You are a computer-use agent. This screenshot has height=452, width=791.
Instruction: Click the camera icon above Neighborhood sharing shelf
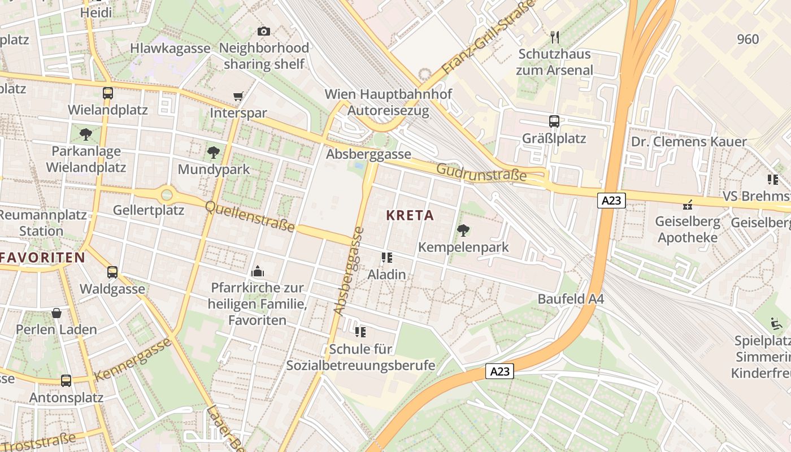pos(263,32)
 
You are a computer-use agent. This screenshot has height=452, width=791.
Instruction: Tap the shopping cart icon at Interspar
pos(238,97)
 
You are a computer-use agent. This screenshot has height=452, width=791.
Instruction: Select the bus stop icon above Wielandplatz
pos(107,93)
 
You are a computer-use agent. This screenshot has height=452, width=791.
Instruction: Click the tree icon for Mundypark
pos(213,152)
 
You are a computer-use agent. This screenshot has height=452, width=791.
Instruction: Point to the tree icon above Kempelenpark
pos(463,231)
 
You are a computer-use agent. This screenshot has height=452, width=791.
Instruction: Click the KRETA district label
pos(410,215)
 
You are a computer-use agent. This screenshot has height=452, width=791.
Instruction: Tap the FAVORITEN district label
pos(43,258)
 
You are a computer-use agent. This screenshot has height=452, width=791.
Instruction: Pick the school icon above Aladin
pos(386,258)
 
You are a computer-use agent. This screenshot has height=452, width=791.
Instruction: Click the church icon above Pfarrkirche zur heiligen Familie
pos(258,272)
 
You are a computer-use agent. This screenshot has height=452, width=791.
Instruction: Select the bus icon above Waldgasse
pos(112,272)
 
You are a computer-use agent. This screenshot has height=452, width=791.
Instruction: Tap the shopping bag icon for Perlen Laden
pos(56,313)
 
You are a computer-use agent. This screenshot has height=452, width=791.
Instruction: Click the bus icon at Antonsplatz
pos(66,381)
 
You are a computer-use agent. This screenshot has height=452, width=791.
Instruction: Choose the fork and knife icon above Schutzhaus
pos(554,38)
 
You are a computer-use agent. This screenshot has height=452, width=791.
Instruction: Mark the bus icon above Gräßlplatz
pos(554,121)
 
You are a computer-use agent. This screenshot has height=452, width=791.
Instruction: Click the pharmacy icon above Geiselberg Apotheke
pos(688,205)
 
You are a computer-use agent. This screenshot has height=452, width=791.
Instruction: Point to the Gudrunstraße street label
pos(481,172)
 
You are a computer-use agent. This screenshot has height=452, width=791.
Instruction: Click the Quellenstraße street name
pos(250,216)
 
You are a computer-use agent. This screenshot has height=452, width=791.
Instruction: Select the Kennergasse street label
pos(133,360)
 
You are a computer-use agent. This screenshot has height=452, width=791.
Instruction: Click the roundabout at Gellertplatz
pos(167,195)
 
